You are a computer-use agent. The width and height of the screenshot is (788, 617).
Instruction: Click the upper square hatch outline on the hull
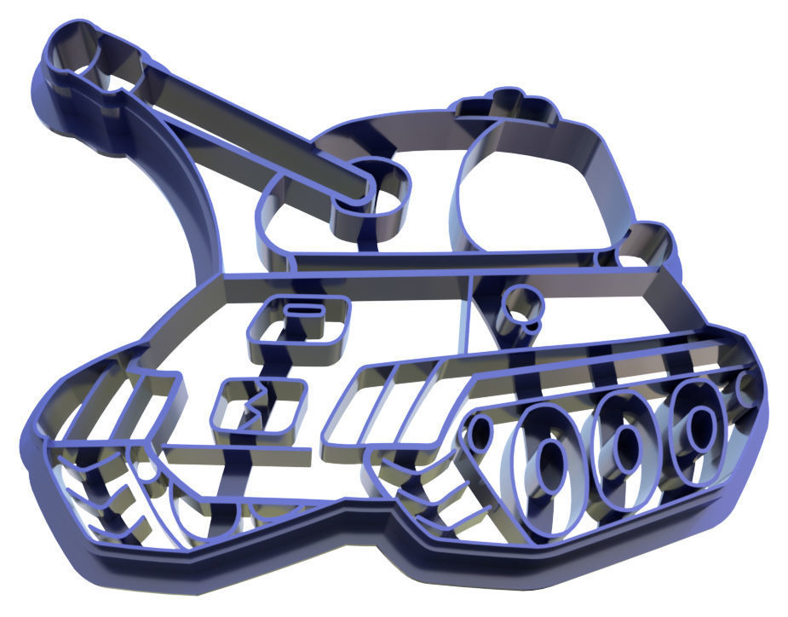tap(300, 329)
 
